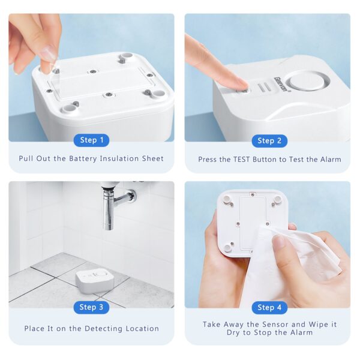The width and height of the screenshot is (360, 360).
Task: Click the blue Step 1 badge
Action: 92,140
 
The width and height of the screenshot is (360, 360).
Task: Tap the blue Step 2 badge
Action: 269,141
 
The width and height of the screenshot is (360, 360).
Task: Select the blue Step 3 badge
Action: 92,307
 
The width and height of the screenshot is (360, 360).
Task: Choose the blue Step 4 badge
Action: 269,307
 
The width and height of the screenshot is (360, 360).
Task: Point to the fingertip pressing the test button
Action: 238,85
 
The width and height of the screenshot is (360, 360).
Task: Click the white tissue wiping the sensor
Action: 282,264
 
